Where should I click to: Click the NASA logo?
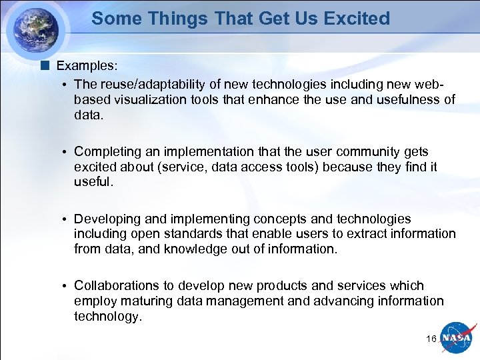458,338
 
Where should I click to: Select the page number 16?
431,339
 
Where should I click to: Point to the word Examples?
87,66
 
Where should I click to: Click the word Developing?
107,219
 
